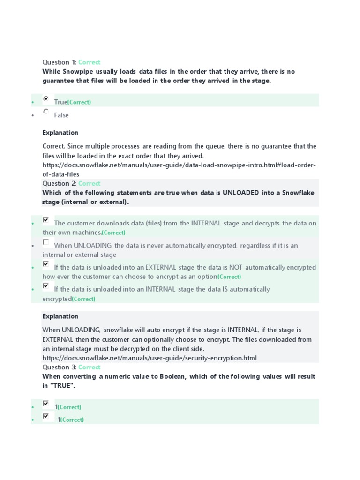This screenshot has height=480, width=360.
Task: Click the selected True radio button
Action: (x=45, y=99)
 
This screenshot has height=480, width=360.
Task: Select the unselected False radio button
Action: (x=45, y=112)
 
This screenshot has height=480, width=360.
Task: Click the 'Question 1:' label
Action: (x=59, y=62)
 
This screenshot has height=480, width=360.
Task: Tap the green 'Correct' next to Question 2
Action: (x=89, y=184)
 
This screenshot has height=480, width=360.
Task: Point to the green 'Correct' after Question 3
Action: (x=89, y=367)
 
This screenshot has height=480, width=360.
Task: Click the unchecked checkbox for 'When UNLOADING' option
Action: (x=45, y=242)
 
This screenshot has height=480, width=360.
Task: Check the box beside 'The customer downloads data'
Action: (x=45, y=220)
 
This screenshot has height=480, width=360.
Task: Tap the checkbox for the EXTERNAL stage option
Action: (x=45, y=264)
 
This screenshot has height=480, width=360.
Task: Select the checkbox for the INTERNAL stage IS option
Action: (x=45, y=286)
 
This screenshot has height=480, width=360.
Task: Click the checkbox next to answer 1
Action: (x=45, y=404)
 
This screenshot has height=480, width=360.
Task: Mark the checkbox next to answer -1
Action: (x=45, y=416)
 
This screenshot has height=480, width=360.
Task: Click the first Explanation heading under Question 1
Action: (x=60, y=133)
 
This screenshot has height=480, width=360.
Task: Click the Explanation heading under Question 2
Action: (x=60, y=316)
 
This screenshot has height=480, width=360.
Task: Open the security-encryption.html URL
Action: (x=150, y=358)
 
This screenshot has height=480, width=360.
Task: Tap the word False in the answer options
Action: (x=61, y=115)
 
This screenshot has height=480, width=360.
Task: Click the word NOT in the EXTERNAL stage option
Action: (x=236, y=268)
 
